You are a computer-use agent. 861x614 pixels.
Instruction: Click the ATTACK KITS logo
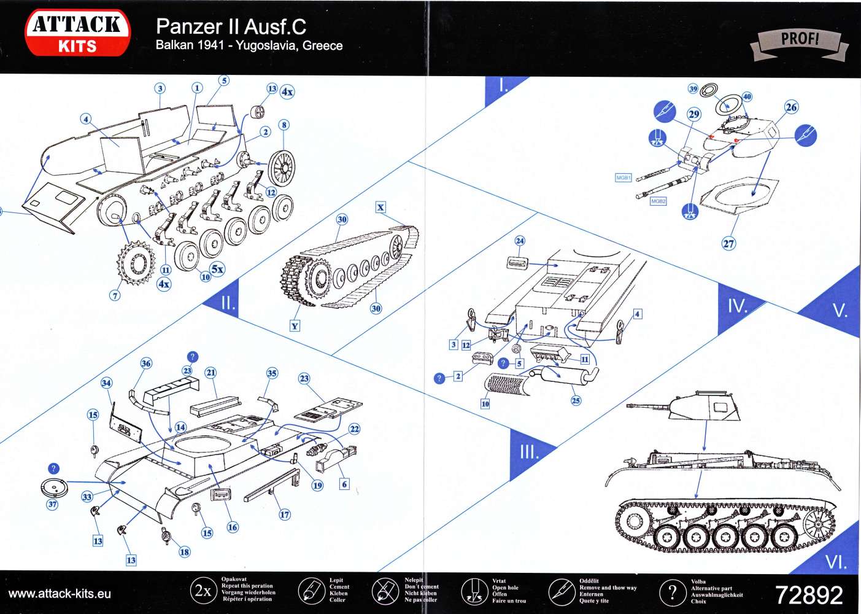click(77, 33)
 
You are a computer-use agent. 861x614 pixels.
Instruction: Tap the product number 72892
click(809, 595)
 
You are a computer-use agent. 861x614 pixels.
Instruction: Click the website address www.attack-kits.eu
click(60, 594)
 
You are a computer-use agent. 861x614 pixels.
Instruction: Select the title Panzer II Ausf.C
click(231, 26)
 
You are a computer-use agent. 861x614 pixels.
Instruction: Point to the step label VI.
click(835, 562)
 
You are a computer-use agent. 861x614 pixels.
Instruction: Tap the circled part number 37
click(52, 504)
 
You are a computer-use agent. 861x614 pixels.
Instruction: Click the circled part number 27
click(728, 243)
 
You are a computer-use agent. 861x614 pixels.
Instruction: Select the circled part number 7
click(115, 295)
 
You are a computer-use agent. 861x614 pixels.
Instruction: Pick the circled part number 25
click(575, 400)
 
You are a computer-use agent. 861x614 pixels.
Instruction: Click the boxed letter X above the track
click(380, 207)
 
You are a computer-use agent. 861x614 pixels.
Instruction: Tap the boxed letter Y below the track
click(295, 325)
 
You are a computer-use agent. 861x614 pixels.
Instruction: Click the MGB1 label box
click(623, 177)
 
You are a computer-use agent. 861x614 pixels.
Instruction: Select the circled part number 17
click(285, 515)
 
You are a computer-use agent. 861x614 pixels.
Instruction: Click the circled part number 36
click(146, 363)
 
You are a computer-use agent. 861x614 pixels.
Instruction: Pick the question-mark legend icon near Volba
click(672, 592)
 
